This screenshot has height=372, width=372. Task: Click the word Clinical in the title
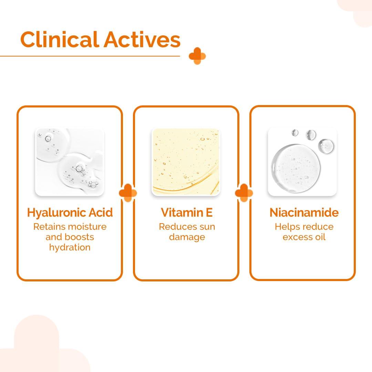coord(60,39)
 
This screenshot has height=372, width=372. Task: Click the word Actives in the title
coord(142,40)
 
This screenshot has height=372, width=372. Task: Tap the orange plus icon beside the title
coord(197,56)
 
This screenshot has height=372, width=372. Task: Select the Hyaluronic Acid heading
coord(70,213)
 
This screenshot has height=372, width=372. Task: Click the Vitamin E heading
coord(186,212)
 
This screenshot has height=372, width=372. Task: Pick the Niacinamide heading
coord(304,212)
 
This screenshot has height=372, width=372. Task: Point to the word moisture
coord(86,227)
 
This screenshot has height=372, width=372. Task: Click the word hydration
coord(70,247)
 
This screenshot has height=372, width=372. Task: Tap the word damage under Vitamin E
coord(187,237)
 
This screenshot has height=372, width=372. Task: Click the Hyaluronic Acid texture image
coord(70,162)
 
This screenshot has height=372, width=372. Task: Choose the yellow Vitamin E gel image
coord(186,162)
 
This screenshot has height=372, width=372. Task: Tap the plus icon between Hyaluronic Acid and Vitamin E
coord(128,193)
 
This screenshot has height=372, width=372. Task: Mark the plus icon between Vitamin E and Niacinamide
coord(244,193)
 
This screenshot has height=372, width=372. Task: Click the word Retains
coord(49,227)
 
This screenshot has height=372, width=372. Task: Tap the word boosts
coord(79,237)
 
